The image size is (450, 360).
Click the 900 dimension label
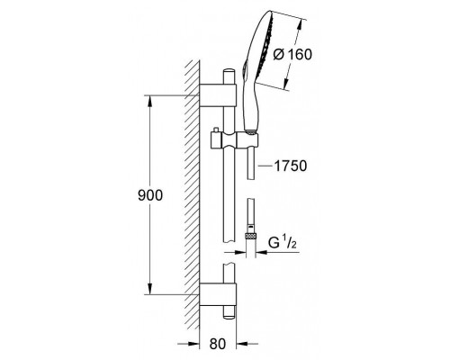pos(150,195)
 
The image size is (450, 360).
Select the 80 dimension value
pos(218,344)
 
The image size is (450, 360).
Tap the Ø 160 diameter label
pos(292,55)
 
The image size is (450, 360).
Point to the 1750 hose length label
pos(291,166)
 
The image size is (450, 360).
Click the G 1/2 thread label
pos(283,242)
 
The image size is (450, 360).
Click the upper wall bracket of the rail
pos(218,95)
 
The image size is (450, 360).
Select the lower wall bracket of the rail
pos(218,294)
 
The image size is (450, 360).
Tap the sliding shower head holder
pos(234,140)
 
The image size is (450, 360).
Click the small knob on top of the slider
pos(215,130)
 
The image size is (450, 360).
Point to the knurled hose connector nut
pos(251,236)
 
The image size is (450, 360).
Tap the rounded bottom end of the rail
pos(229,315)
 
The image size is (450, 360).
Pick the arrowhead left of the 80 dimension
pos(193,344)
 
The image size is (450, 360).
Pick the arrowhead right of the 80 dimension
pos(242,344)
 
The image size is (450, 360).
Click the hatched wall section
pos(192,195)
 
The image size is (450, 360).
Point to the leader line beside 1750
pos(265,166)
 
